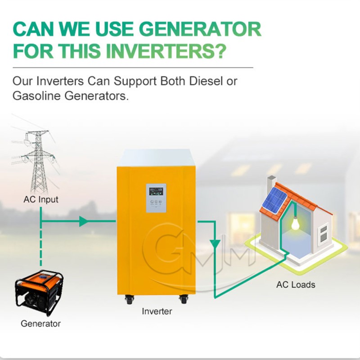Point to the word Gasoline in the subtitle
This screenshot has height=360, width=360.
[37, 96]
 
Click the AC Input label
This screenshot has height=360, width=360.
[41, 199]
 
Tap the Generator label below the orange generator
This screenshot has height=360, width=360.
[40, 323]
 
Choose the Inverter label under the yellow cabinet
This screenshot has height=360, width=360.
[157, 311]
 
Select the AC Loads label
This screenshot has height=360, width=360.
[296, 284]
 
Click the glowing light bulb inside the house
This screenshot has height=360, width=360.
[295, 224]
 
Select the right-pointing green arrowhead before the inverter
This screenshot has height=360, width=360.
[83, 221]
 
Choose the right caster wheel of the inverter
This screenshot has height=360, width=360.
[184, 298]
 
